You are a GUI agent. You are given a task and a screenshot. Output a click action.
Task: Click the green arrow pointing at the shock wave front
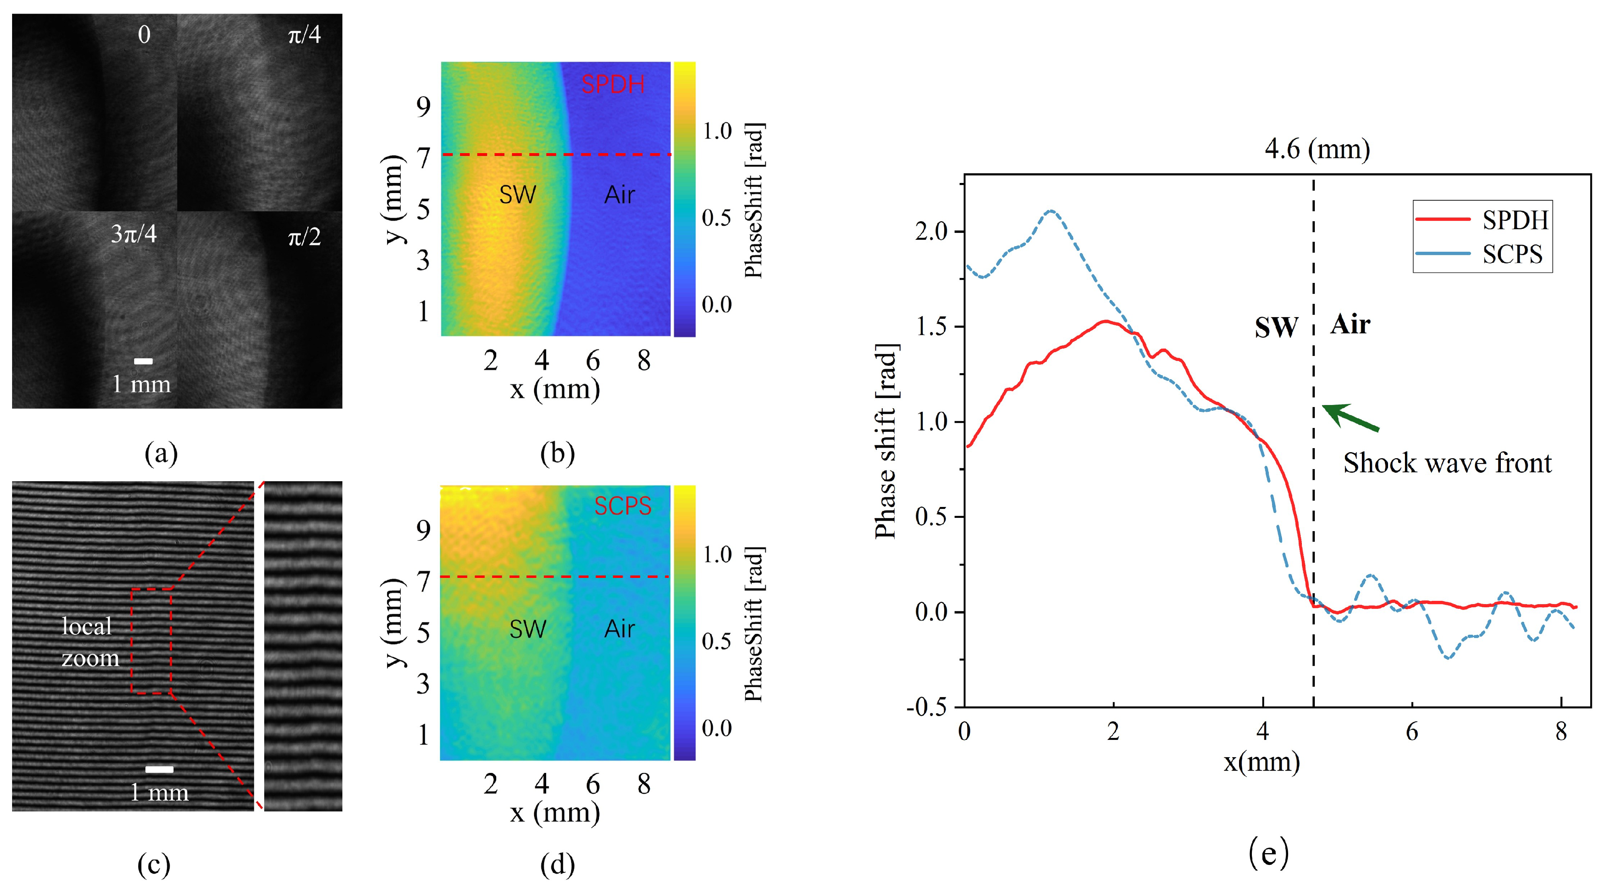(x=1350, y=417)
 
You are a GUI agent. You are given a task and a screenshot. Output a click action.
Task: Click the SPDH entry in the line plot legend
(x=1515, y=220)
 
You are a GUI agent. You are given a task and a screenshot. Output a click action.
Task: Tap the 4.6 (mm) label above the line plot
(x=1317, y=150)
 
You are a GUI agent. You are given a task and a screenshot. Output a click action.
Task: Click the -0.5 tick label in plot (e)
(x=927, y=707)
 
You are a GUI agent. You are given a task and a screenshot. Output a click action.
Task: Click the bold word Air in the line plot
(x=1350, y=324)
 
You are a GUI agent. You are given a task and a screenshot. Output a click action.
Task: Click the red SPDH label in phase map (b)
(x=613, y=84)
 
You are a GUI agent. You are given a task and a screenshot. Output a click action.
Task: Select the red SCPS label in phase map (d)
(x=622, y=506)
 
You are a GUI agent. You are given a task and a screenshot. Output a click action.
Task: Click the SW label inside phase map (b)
(x=518, y=195)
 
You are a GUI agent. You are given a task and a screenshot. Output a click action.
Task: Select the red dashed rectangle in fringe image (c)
(x=151, y=641)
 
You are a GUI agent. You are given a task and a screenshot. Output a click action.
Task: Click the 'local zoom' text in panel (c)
(x=89, y=642)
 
